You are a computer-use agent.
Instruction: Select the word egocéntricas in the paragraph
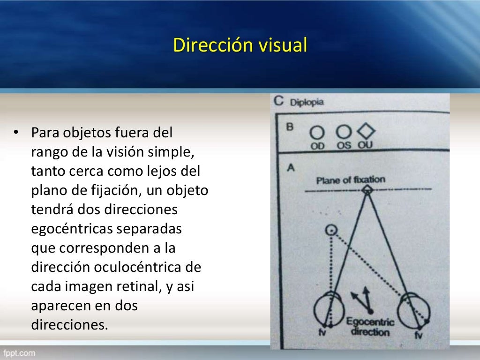tap(77, 230)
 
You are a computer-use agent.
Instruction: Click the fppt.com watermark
tap(19, 352)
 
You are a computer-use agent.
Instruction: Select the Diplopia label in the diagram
tap(307, 102)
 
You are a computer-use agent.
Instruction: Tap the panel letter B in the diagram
tap(290, 126)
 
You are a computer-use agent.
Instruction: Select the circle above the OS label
tap(344, 132)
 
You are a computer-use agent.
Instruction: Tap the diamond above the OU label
tap(366, 132)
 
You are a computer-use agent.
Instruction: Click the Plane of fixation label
tap(350, 180)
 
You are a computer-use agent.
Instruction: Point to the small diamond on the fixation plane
tap(368, 189)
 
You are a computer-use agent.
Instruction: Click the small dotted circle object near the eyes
tap(332, 229)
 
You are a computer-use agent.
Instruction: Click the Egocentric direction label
tap(370, 327)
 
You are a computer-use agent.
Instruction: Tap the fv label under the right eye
tap(419, 335)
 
